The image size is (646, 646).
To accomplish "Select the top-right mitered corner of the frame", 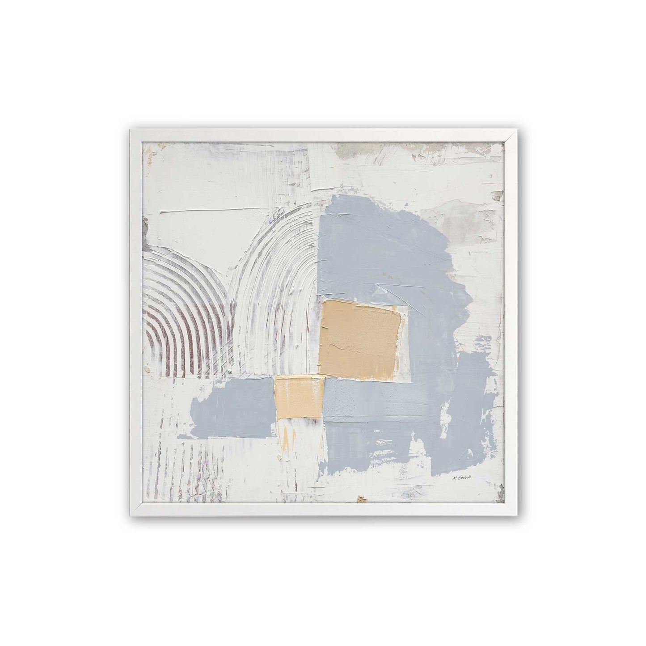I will pyautogui.click(x=511, y=135).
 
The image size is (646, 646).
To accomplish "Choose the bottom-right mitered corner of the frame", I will pyautogui.click(x=511, y=511).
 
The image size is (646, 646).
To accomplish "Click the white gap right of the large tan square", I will pyautogui.click(x=405, y=340).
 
